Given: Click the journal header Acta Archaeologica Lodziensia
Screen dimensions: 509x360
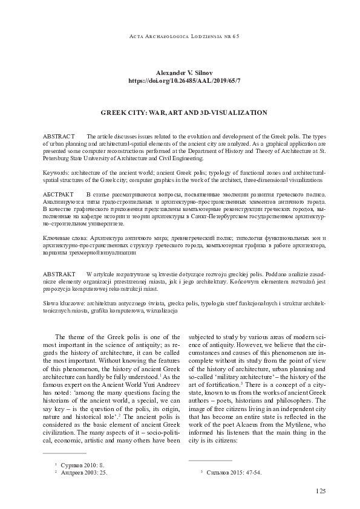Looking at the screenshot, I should click(x=180, y=36).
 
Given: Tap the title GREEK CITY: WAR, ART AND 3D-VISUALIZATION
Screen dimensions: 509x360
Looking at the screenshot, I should click(x=180, y=112).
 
